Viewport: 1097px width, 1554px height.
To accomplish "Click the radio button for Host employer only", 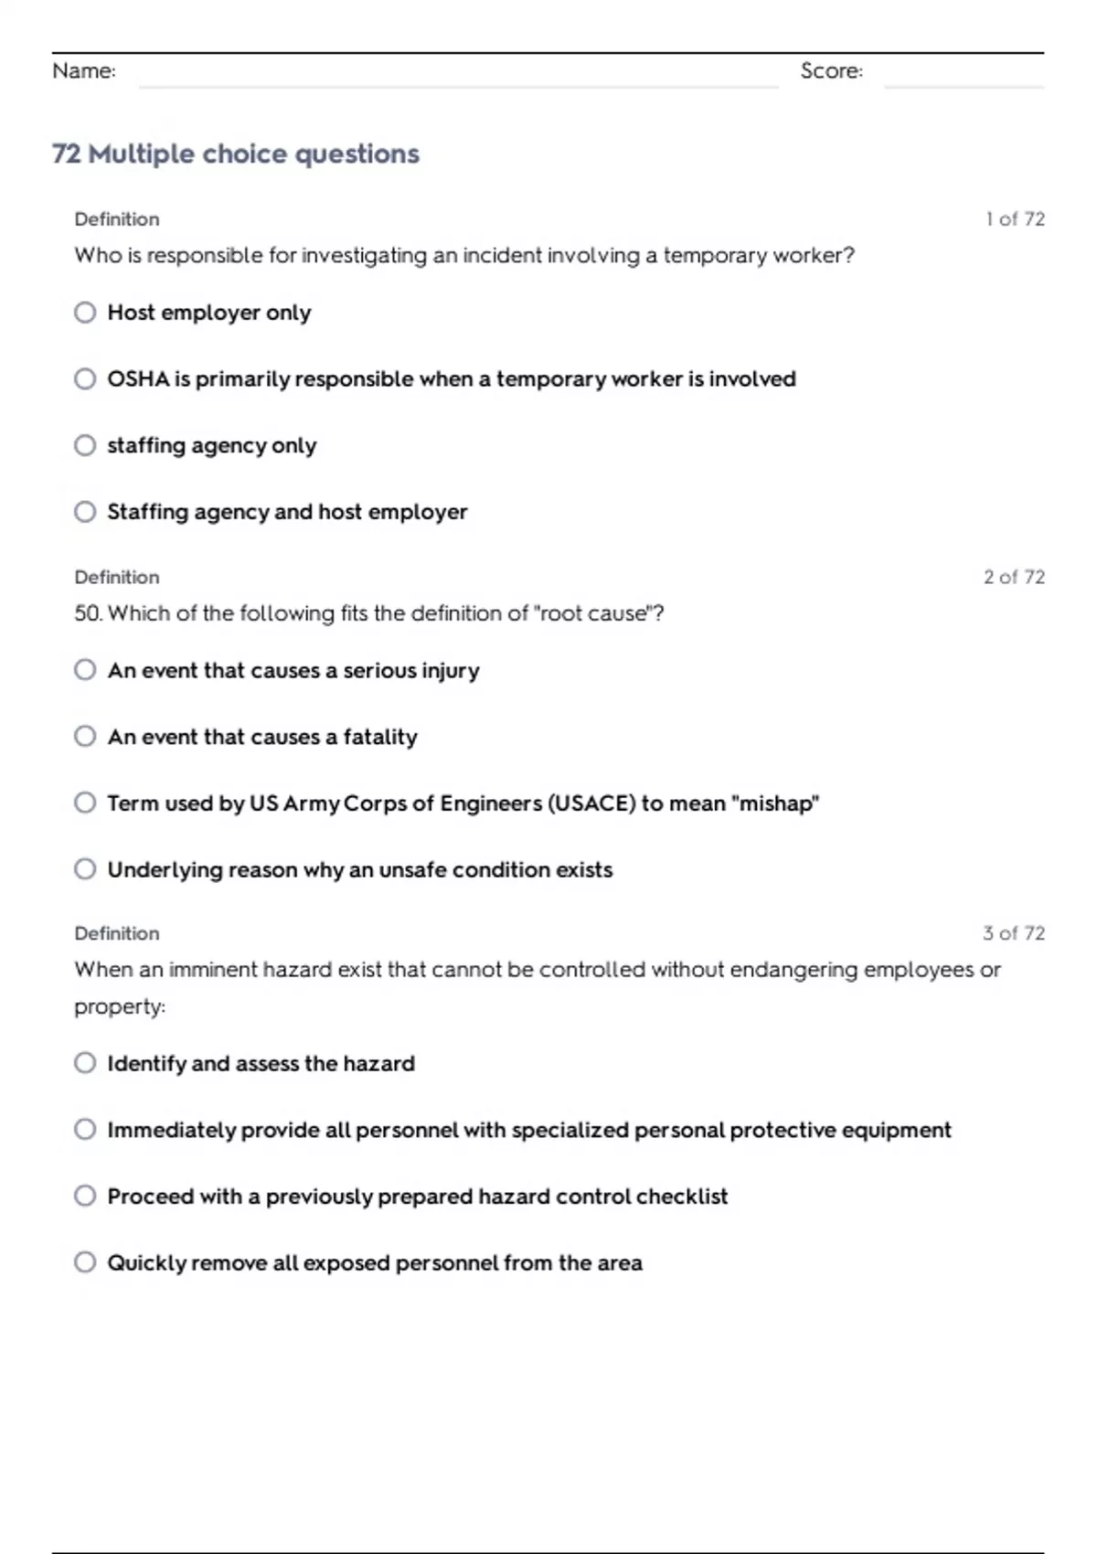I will coord(85,313).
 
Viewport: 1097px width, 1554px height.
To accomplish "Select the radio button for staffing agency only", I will coord(85,445).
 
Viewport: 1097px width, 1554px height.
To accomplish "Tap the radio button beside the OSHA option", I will coord(85,378).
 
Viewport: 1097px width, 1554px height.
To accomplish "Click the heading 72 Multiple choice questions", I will coord(236,154).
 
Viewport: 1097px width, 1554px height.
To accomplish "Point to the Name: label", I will coord(84,71).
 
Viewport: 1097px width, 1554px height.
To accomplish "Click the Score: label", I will coord(831,71).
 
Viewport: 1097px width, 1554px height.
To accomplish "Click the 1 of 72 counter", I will coord(1015,219).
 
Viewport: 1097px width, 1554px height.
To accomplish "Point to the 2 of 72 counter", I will coord(1014,577).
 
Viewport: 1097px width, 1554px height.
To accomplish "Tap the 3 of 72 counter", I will coord(1014,933).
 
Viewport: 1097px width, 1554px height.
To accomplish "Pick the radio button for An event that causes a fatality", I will coord(85,737).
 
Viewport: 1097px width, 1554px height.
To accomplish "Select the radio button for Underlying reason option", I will coord(85,869).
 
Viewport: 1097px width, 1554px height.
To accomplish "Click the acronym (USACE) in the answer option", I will coord(591,804).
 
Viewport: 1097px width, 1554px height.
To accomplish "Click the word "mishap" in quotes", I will coord(778,804).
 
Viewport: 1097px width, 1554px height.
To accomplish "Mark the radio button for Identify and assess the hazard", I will coord(85,1063).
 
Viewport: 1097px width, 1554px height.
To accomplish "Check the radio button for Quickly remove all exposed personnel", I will coord(85,1262).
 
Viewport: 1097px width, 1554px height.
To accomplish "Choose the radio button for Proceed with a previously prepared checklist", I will coord(85,1196).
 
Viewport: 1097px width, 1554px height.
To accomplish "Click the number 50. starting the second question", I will coord(89,613).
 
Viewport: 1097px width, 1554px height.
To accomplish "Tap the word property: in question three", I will coord(120,1006).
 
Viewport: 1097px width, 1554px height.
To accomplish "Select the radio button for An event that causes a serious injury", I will coord(85,670).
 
